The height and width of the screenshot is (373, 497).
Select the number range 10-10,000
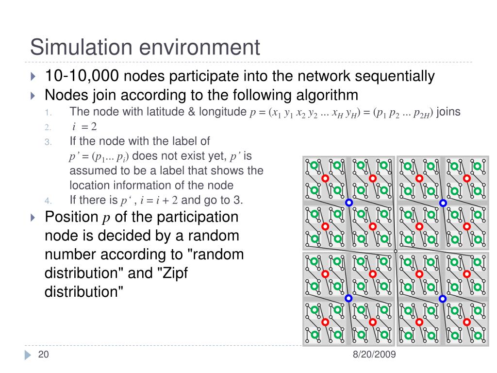(x=82, y=76)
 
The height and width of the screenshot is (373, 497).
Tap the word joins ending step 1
(x=449, y=112)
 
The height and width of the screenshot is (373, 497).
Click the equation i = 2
(x=84, y=127)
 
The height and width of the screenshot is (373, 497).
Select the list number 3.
(x=48, y=142)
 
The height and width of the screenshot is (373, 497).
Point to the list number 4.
(x=48, y=200)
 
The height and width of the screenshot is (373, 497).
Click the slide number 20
(x=44, y=355)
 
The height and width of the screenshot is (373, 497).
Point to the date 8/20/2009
(x=374, y=355)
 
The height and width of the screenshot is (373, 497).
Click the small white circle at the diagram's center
(x=396, y=251)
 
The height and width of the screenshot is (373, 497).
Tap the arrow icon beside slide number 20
(x=27, y=355)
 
